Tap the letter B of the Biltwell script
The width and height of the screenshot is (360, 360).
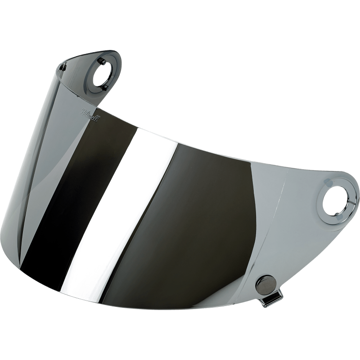(84, 111)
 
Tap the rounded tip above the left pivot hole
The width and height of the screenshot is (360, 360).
(108, 52)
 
